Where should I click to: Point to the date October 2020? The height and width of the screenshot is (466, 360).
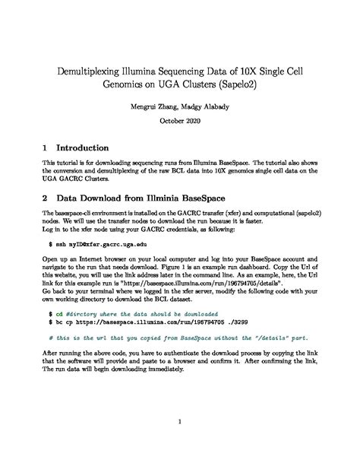click(x=180, y=122)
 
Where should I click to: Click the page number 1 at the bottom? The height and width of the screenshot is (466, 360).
click(x=180, y=422)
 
